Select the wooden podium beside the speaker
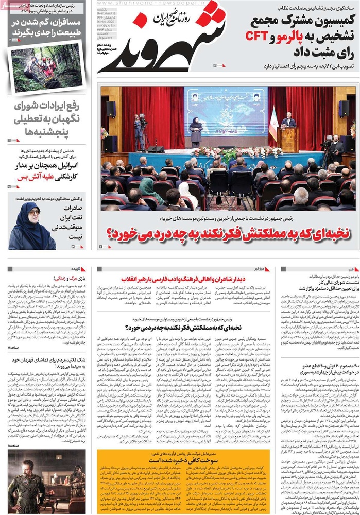288,139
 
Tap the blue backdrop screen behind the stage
227,111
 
